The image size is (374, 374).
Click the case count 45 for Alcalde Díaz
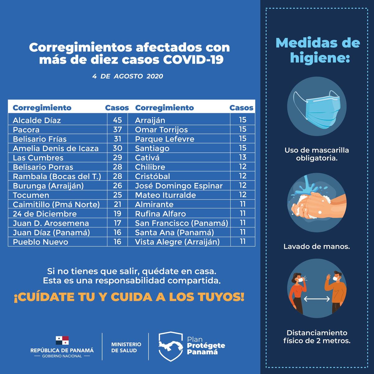tap(117, 120)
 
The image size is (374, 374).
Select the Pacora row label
tap(26, 130)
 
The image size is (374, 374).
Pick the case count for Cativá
tap(242, 157)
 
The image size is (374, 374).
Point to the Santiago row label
tap(152, 148)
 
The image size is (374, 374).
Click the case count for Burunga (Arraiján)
tap(117, 186)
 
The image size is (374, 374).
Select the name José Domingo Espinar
tap(179, 186)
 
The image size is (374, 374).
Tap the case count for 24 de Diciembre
tap(117, 214)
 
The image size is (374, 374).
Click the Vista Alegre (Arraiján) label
tap(177, 242)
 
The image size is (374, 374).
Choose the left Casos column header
tap(117, 108)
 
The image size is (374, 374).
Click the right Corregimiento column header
tap(164, 108)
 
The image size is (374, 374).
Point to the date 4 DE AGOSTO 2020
tap(127, 76)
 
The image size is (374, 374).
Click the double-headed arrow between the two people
tap(317, 299)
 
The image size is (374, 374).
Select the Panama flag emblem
tap(62, 341)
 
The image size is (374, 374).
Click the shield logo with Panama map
tap(170, 346)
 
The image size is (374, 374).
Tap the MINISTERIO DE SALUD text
tap(126, 347)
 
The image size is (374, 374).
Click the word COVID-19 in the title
tap(193, 60)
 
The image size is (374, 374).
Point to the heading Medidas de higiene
tap(318, 50)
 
